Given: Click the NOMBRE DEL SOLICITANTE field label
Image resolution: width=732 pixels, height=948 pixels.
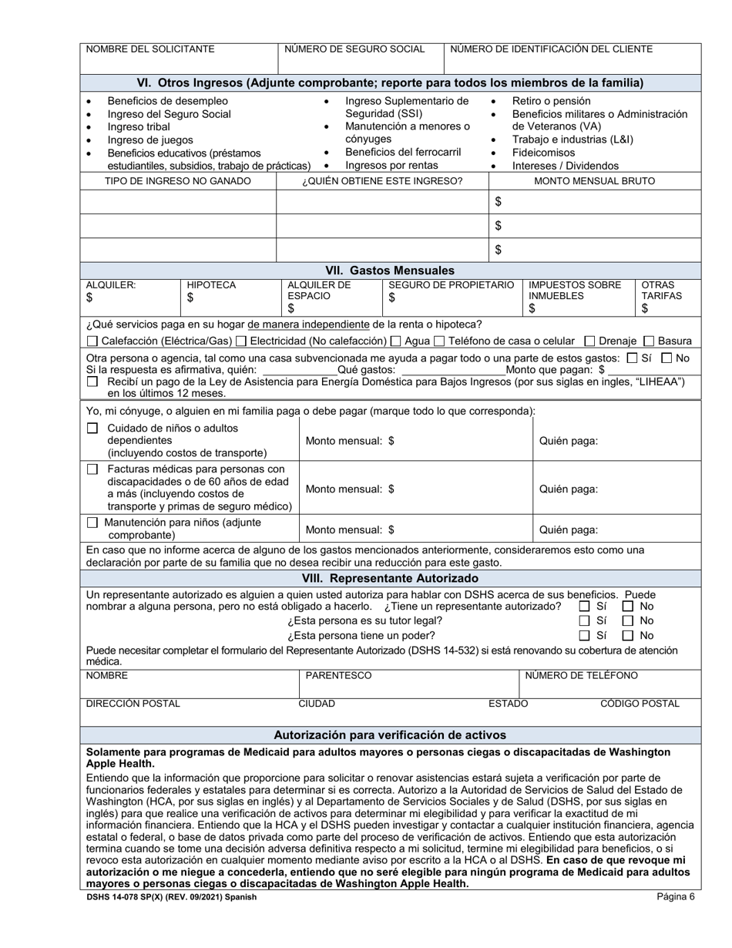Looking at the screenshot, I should tap(150, 49).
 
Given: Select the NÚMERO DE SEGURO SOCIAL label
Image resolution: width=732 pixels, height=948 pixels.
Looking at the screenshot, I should tap(354, 49).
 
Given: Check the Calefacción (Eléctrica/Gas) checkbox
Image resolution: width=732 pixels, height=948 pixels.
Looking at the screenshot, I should tap(92, 341).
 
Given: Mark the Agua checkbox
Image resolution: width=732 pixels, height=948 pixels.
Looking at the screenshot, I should tap(396, 341).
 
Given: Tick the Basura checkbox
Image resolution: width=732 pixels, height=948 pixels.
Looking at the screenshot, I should tap(649, 341).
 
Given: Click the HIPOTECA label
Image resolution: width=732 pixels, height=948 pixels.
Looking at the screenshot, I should tap(211, 285).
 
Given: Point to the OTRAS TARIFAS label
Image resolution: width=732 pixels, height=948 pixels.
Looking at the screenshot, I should tap(657, 291).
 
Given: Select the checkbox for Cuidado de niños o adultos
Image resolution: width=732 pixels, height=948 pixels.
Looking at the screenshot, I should tap(92, 429).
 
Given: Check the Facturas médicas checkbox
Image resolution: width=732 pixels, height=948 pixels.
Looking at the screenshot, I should tap(92, 469).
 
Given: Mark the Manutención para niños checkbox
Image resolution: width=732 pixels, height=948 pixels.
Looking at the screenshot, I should tap(92, 523).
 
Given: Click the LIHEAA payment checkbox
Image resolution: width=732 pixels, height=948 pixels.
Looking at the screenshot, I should tap(92, 382).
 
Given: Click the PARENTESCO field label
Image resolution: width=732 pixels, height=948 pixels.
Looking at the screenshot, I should tap(338, 676).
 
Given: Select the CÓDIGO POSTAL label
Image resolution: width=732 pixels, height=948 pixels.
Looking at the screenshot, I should tap(640, 704).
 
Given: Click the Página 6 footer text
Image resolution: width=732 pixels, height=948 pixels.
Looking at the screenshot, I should tap(676, 896).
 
